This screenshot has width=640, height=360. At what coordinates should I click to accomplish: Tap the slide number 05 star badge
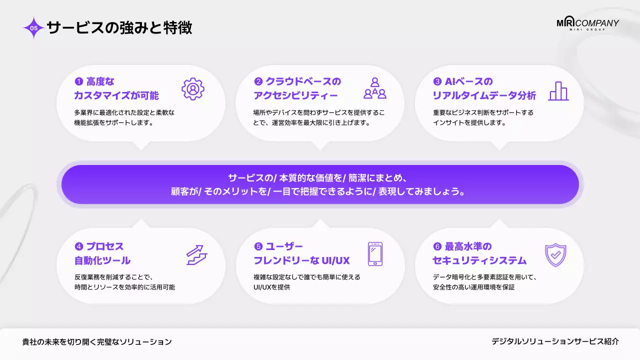pyautogui.click(x=34, y=28)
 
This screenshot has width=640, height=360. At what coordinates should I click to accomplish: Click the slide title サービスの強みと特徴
pyautogui.click(x=119, y=27)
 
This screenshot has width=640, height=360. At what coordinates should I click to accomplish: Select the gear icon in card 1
pyautogui.click(x=192, y=89)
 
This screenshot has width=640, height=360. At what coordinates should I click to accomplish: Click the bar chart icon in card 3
pyautogui.click(x=558, y=91)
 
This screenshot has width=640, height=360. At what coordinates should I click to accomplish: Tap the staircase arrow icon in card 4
pyautogui.click(x=196, y=254)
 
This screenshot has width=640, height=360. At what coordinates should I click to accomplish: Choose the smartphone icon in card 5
pyautogui.click(x=375, y=254)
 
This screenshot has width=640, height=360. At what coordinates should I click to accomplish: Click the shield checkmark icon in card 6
pyautogui.click(x=554, y=255)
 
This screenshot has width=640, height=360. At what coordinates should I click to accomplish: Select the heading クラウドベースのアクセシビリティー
pyautogui.click(x=297, y=88)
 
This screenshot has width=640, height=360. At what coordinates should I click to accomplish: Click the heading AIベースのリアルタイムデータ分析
pyautogui.click(x=483, y=88)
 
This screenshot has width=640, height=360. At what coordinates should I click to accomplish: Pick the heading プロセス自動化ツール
pyautogui.click(x=102, y=253)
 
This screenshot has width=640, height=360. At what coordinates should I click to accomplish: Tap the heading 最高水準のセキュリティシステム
pyautogui.click(x=479, y=253)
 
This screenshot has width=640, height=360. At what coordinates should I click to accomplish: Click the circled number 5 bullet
pyautogui.click(x=258, y=246)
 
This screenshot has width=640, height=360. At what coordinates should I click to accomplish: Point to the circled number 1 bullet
pyautogui.click(x=78, y=81)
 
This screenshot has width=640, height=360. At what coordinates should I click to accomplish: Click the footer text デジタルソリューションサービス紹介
pyautogui.click(x=555, y=341)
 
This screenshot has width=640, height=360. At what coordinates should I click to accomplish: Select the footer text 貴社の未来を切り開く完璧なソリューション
pyautogui.click(x=97, y=342)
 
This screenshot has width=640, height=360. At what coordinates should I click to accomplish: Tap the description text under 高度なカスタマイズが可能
pyautogui.click(x=124, y=117)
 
